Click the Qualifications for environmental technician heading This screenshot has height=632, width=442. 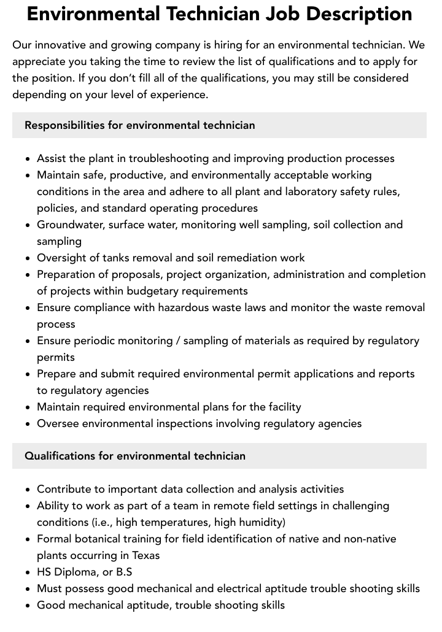tap(135, 456)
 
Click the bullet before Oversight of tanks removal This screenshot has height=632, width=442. tap(28, 258)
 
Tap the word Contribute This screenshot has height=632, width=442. tap(64, 489)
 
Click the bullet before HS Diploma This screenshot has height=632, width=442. tap(28, 572)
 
